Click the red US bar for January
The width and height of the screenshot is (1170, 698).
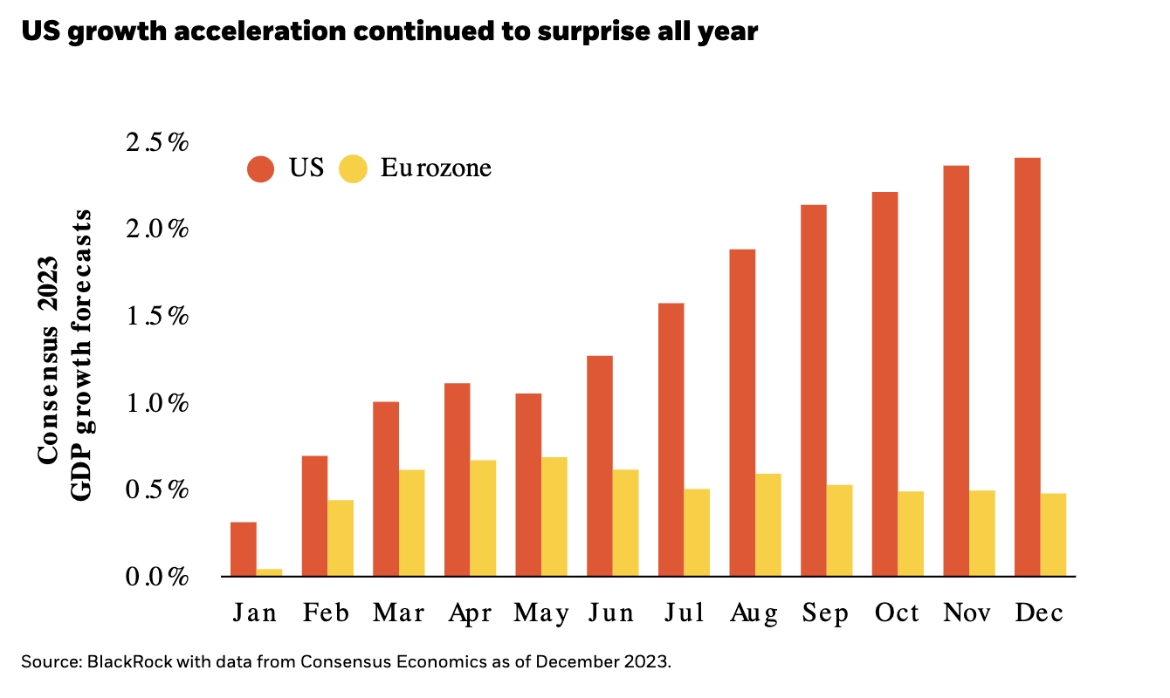coord(244,550)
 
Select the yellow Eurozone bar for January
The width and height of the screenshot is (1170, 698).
coord(269,572)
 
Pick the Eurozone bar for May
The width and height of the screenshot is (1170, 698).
coord(554,517)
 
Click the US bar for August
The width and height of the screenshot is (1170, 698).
coord(742,413)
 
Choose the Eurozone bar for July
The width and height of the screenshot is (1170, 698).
coord(697,532)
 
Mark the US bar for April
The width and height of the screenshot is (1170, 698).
coord(458,480)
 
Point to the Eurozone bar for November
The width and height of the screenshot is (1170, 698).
coord(981,533)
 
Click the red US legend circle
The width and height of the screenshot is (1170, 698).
coord(261,168)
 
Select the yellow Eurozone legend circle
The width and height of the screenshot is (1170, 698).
coord(353,168)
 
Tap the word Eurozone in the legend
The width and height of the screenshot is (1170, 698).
coord(436,168)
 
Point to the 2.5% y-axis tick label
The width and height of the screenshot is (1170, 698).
coord(157,142)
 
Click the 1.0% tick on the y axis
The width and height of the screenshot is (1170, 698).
coord(157,403)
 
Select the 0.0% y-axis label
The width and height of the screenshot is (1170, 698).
coord(157,577)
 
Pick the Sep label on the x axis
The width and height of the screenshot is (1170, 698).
coord(825,614)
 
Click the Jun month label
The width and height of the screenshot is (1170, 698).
coord(611,613)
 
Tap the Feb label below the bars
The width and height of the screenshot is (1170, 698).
coord(327,613)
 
